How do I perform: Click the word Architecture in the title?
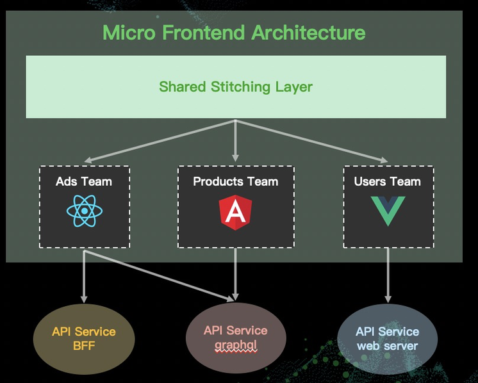tap(308, 32)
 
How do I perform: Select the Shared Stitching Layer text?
tap(236, 87)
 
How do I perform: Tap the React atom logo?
tap(85, 211)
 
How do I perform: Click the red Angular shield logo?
tap(235, 212)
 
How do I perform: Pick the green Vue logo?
tap(388, 211)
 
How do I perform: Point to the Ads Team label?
tap(84, 181)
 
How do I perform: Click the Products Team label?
tap(236, 181)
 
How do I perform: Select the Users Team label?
tap(388, 181)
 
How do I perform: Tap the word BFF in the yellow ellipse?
tap(84, 346)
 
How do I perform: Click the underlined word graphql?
tap(236, 345)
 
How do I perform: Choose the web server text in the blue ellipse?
tap(387, 346)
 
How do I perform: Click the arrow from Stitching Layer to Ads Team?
tap(160, 141)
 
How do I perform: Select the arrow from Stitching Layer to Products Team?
tap(235, 140)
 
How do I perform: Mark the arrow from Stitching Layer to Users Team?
tap(311, 141)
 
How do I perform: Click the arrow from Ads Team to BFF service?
tap(84, 276)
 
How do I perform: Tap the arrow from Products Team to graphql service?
tap(235, 274)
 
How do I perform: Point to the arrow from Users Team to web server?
tap(388, 275)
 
